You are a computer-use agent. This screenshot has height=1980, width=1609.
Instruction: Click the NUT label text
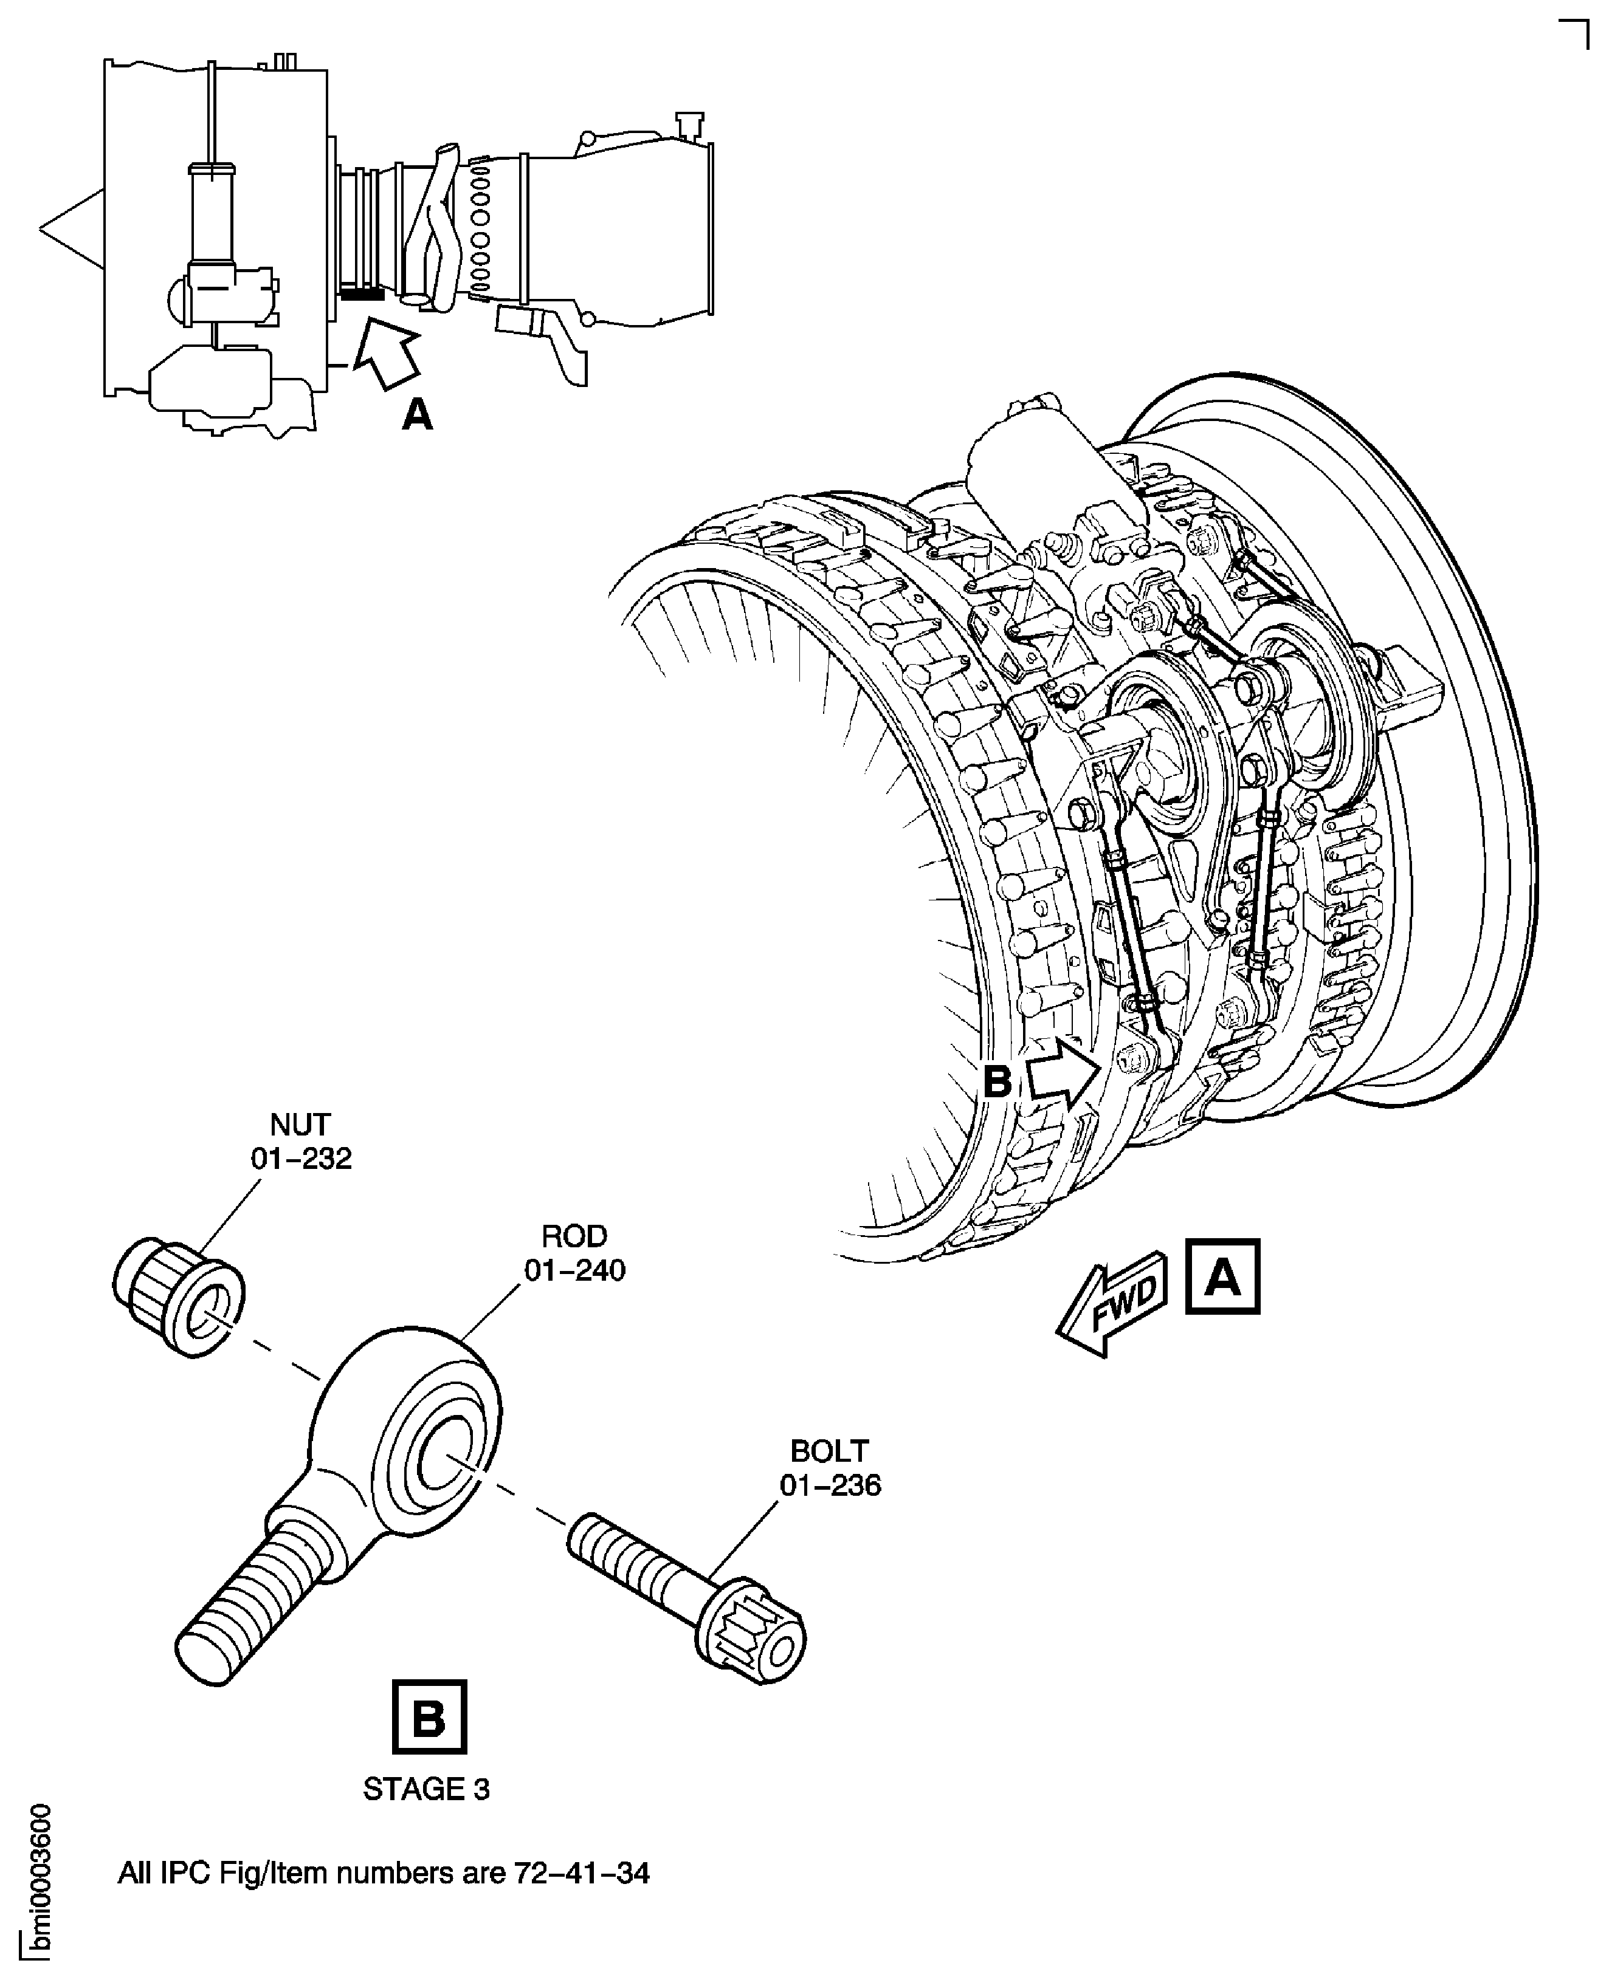coord(300,1124)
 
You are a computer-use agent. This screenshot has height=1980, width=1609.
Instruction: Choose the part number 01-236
coord(830,1485)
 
